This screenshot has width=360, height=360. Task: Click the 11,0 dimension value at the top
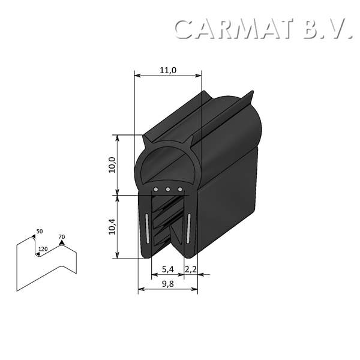167,70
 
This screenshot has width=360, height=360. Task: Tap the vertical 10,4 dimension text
112,227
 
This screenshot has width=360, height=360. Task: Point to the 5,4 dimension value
167,269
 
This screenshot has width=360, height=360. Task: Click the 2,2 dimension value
191,269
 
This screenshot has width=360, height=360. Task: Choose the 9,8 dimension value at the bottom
167,284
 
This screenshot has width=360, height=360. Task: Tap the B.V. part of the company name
327,28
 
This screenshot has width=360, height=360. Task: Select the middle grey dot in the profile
168,190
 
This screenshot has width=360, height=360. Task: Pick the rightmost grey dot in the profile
179,190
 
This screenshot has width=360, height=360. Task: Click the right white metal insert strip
188,228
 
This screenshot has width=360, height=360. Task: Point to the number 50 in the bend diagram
40,232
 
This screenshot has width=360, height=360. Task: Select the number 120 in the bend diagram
43,248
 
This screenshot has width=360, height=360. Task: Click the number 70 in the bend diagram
61,237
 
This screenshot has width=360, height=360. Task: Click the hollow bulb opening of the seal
166,162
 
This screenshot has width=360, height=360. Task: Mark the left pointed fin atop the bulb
146,140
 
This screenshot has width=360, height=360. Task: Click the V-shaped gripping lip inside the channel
176,237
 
